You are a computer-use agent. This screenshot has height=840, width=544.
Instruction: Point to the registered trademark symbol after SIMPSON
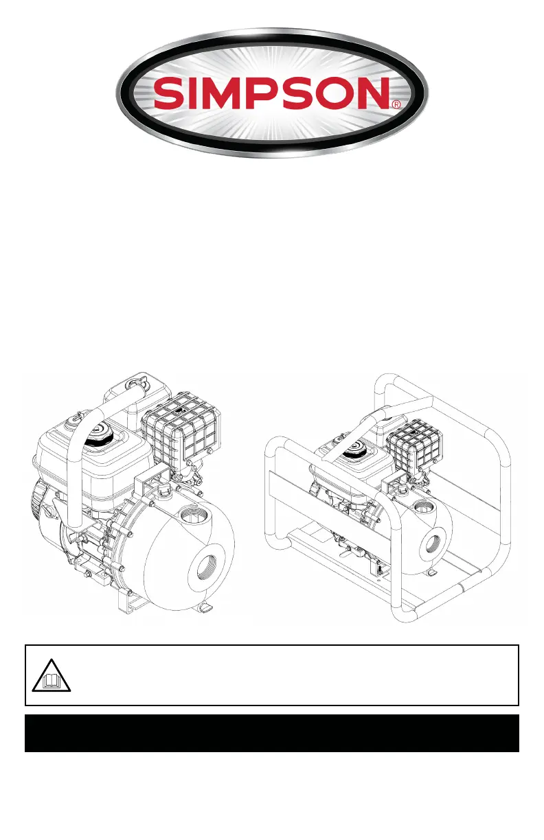pyautogui.click(x=396, y=104)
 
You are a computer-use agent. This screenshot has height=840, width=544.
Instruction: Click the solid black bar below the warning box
pyautogui.click(x=272, y=733)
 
